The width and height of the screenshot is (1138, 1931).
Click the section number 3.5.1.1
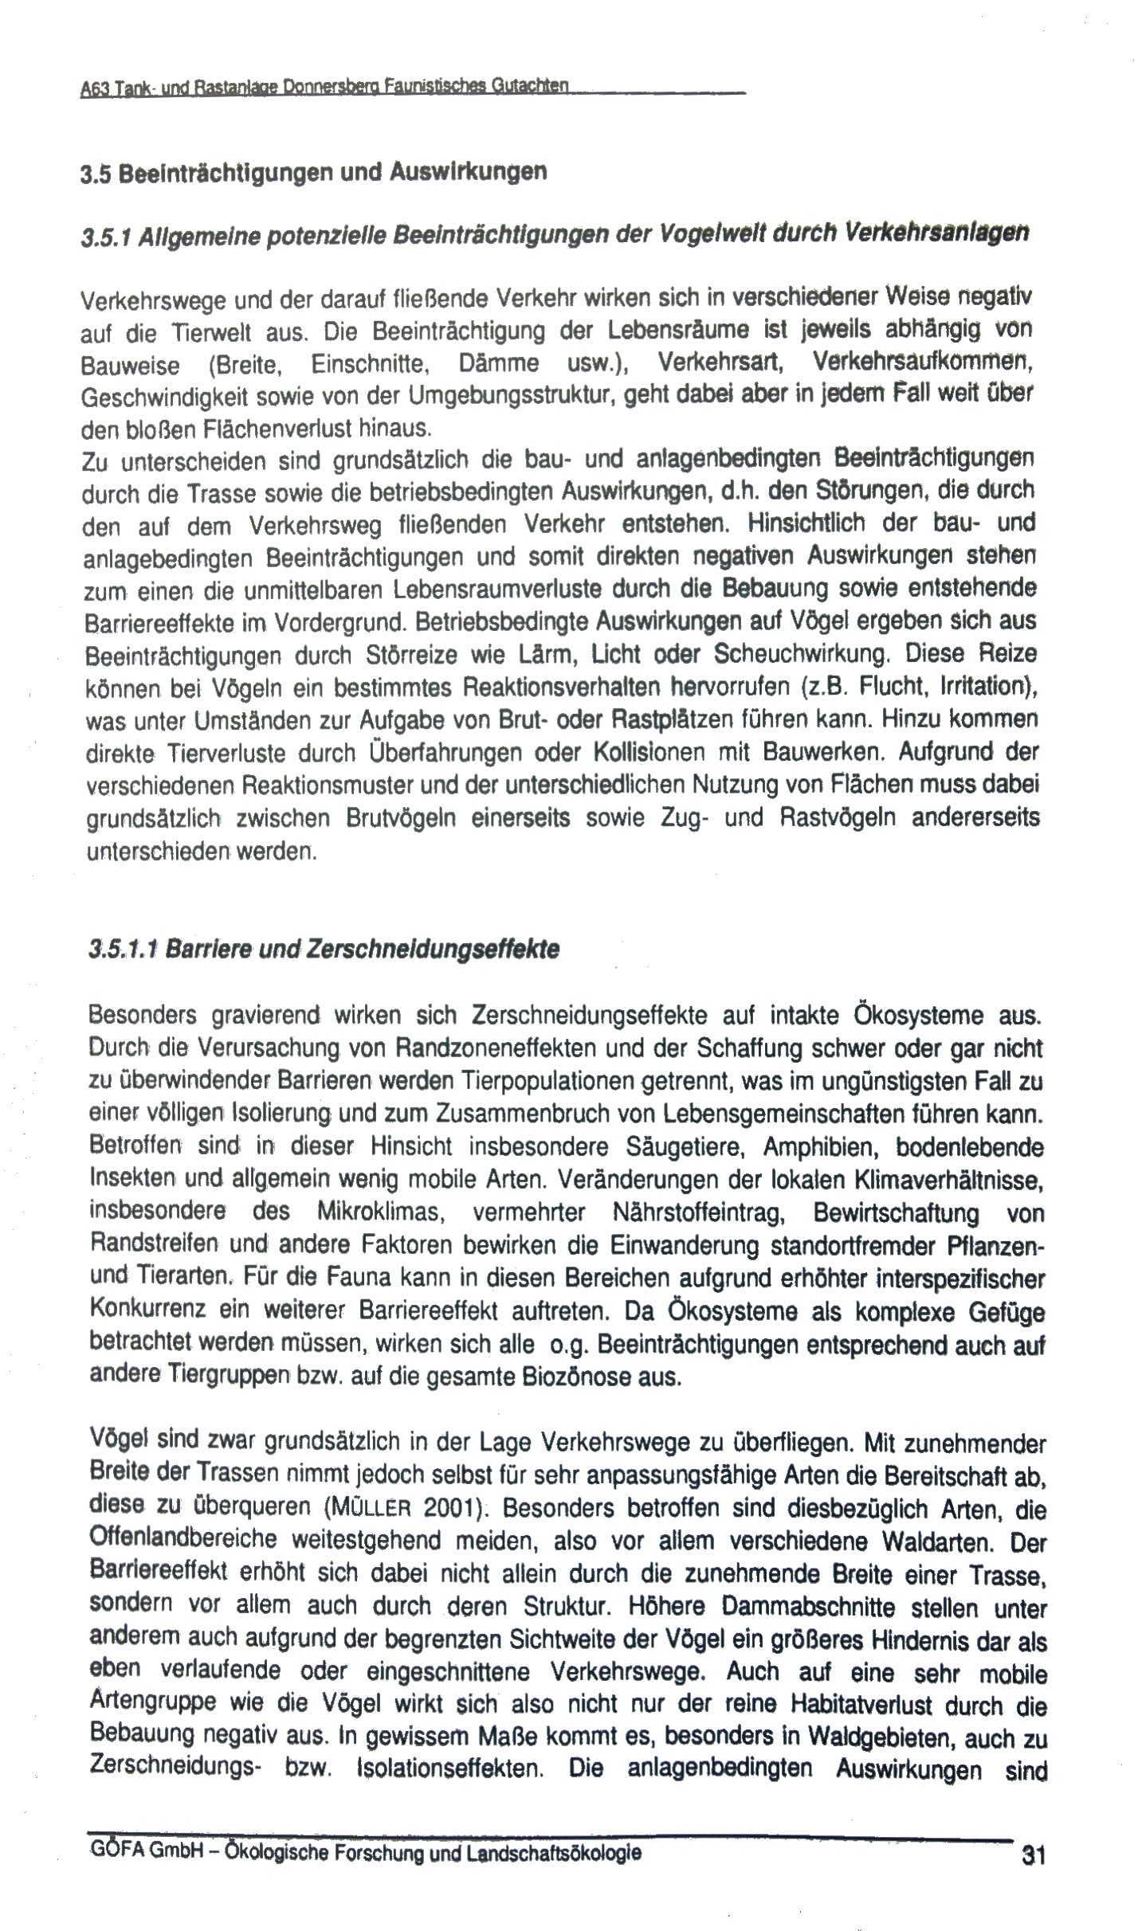(124, 950)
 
